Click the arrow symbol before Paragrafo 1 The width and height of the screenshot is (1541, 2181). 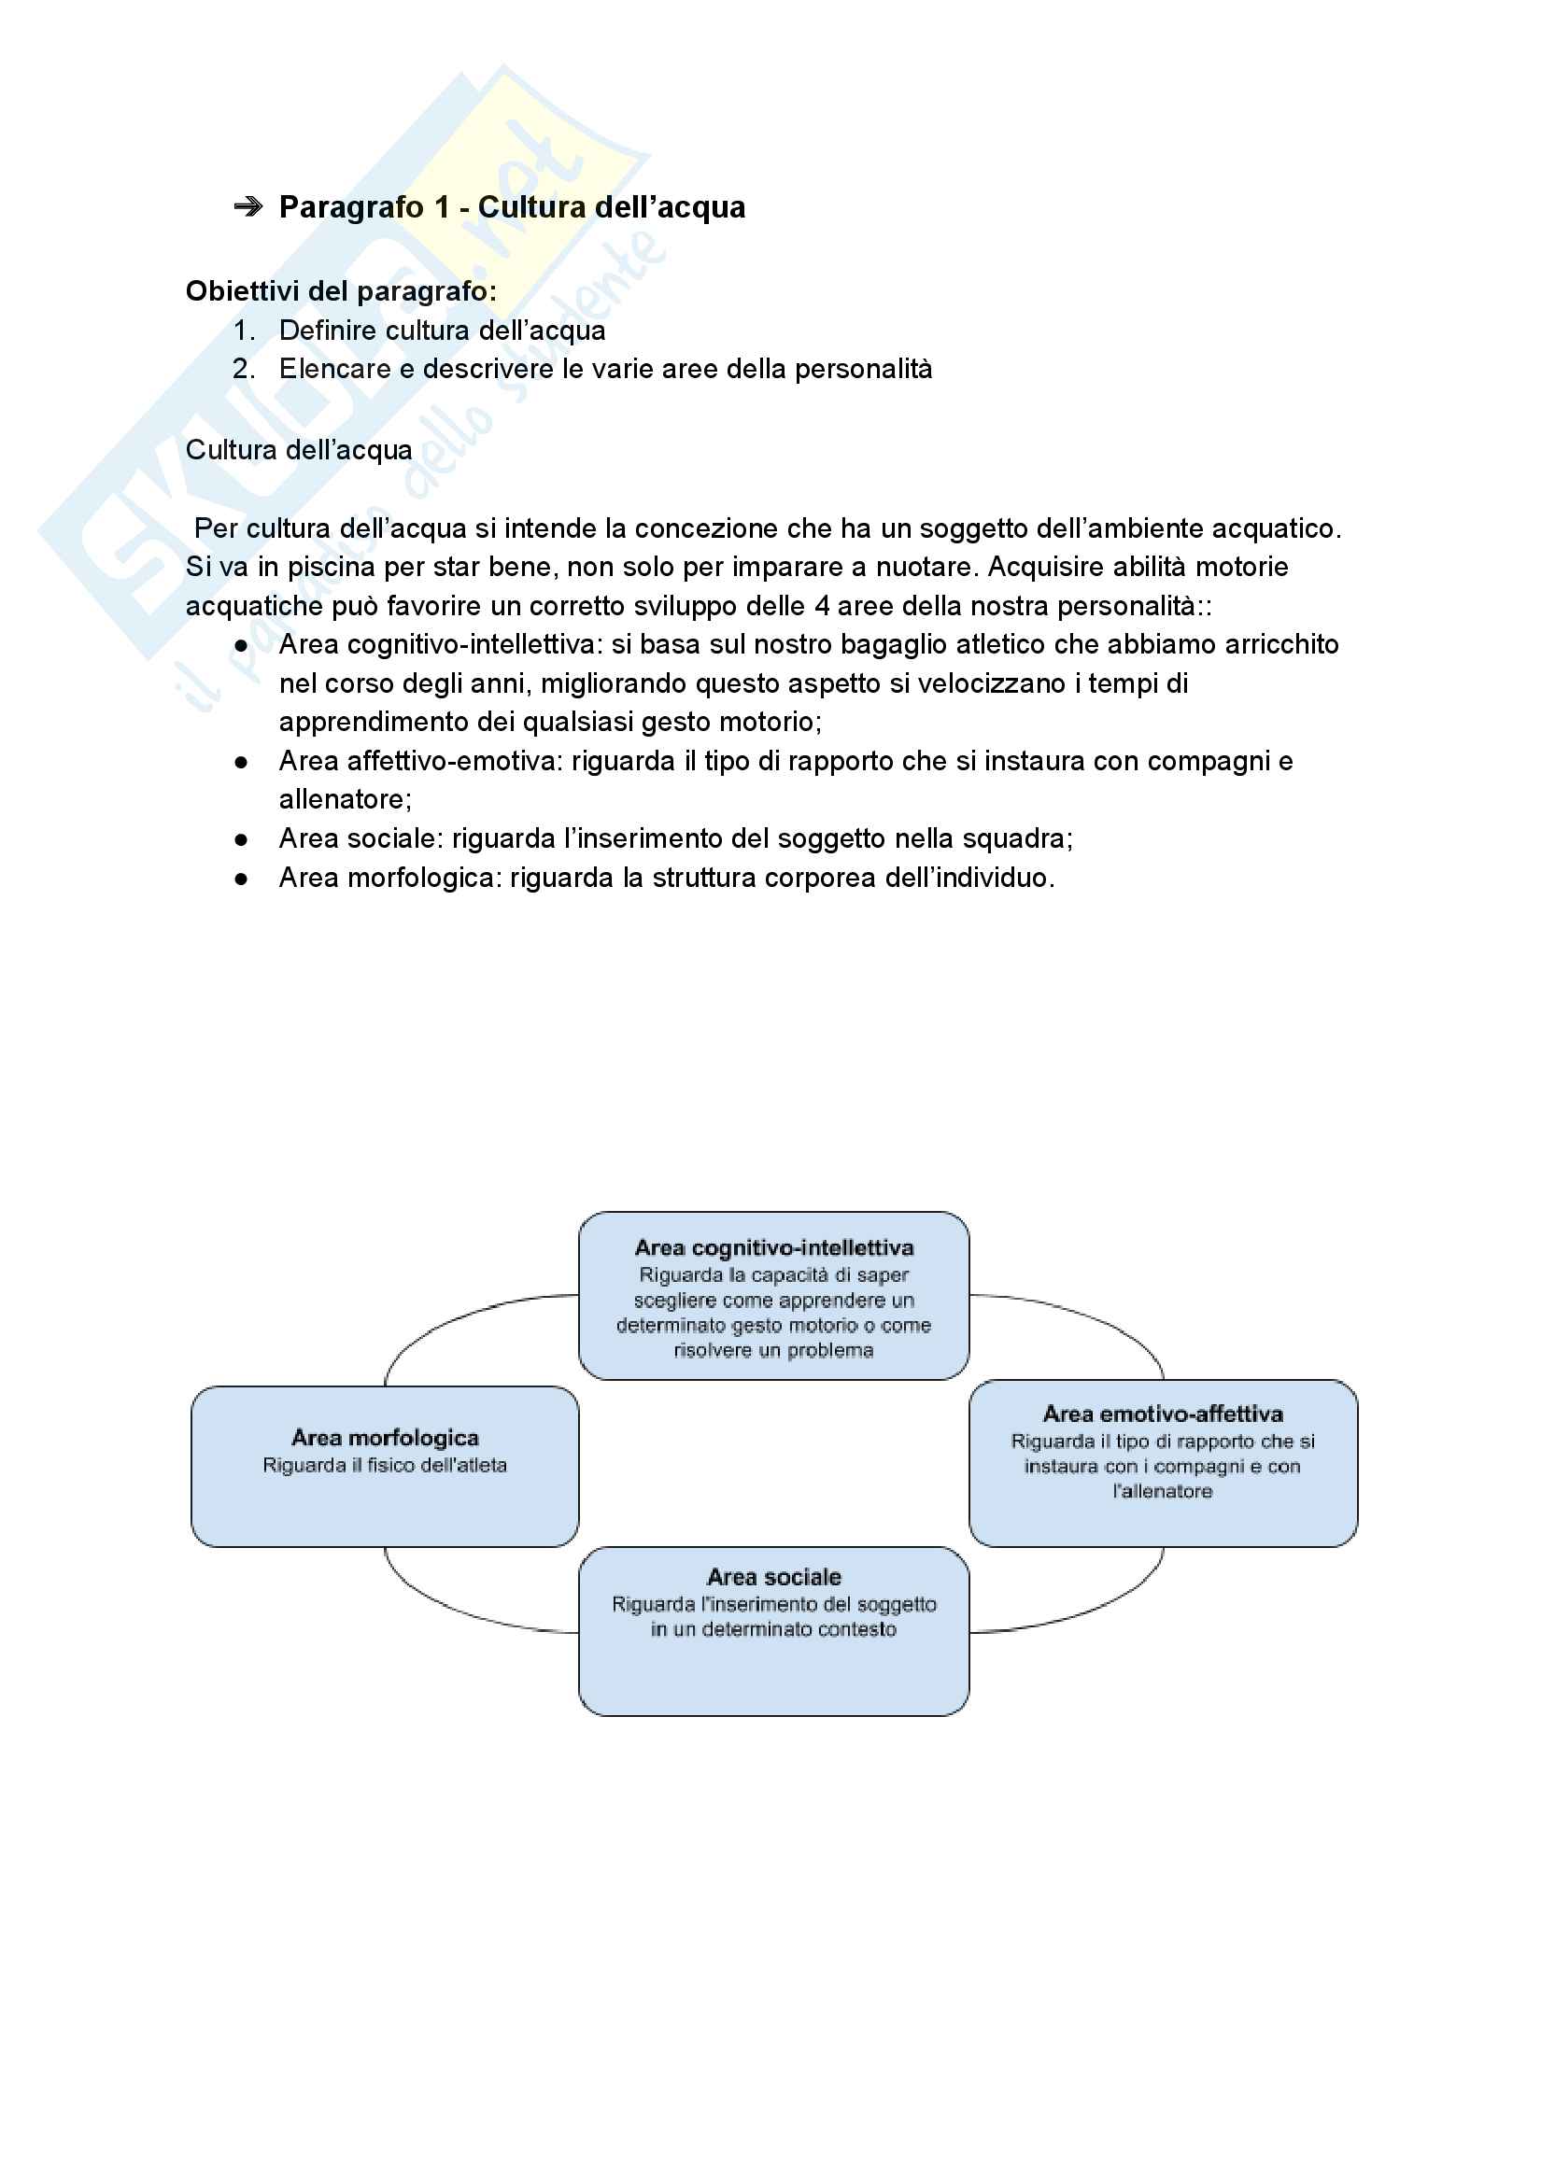coord(248,207)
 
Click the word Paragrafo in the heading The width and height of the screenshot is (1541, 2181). coord(351,207)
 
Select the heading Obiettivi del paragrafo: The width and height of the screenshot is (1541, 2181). coord(341,290)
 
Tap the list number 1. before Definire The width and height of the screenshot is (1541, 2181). coord(243,331)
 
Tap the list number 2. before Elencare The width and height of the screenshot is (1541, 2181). coord(243,369)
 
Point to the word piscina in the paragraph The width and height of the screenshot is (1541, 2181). coord(334,567)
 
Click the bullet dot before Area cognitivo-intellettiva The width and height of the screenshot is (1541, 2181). coord(241,645)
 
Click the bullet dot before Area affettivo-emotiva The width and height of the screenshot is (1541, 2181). coord(241,762)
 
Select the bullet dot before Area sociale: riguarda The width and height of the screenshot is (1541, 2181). coord(241,839)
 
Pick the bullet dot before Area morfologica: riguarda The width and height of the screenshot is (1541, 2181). coord(241,879)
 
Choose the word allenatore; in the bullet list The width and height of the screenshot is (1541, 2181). coord(345,800)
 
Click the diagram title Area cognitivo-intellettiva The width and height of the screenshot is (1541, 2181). coord(773,1247)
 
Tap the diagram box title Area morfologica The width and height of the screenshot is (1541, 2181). coord(385,1437)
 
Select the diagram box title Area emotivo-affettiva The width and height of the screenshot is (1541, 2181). coord(1163,1414)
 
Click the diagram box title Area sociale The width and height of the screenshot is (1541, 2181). coord(773,1577)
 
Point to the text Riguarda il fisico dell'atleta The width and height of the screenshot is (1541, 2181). coord(385,1465)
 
